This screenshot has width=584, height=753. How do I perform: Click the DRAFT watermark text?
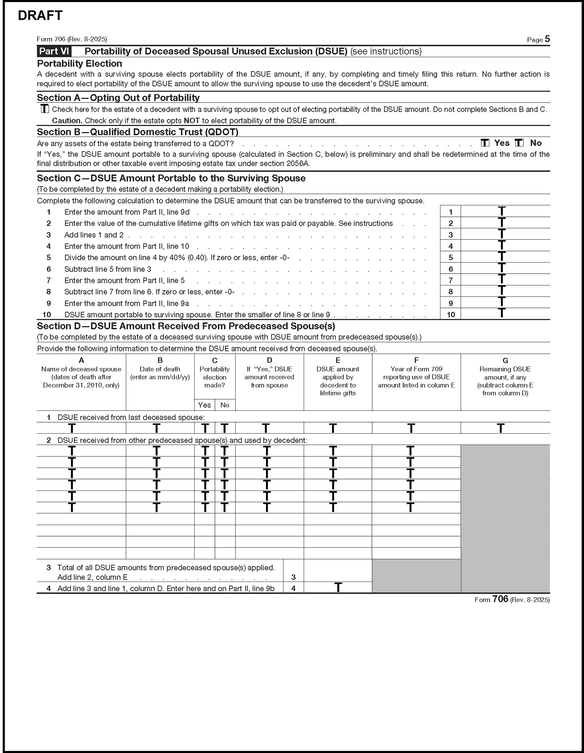click(40, 16)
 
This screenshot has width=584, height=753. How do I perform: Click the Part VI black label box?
click(54, 51)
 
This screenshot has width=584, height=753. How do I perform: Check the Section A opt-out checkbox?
click(45, 109)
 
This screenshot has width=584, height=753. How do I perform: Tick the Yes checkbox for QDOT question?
click(485, 143)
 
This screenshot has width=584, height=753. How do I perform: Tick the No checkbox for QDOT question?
click(519, 143)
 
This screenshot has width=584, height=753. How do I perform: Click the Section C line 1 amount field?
click(505, 211)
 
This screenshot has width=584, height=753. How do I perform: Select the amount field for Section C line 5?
click(505, 257)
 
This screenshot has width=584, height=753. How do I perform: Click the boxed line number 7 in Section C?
click(450, 280)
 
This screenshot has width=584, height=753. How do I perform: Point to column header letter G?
click(505, 360)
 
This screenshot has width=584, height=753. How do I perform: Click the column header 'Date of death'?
click(160, 369)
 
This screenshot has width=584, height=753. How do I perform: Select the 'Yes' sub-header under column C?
click(204, 405)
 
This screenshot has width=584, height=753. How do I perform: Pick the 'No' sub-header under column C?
click(225, 405)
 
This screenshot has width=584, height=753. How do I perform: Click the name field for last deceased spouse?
click(81, 428)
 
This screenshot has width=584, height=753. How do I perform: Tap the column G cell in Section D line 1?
click(505, 428)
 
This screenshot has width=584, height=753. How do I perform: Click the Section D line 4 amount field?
click(338, 588)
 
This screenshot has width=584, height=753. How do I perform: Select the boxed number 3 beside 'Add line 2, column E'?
click(293, 577)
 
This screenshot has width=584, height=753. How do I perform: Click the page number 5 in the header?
click(547, 39)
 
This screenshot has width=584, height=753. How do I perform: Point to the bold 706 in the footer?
click(500, 599)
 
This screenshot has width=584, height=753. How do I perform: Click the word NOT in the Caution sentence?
click(191, 121)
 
